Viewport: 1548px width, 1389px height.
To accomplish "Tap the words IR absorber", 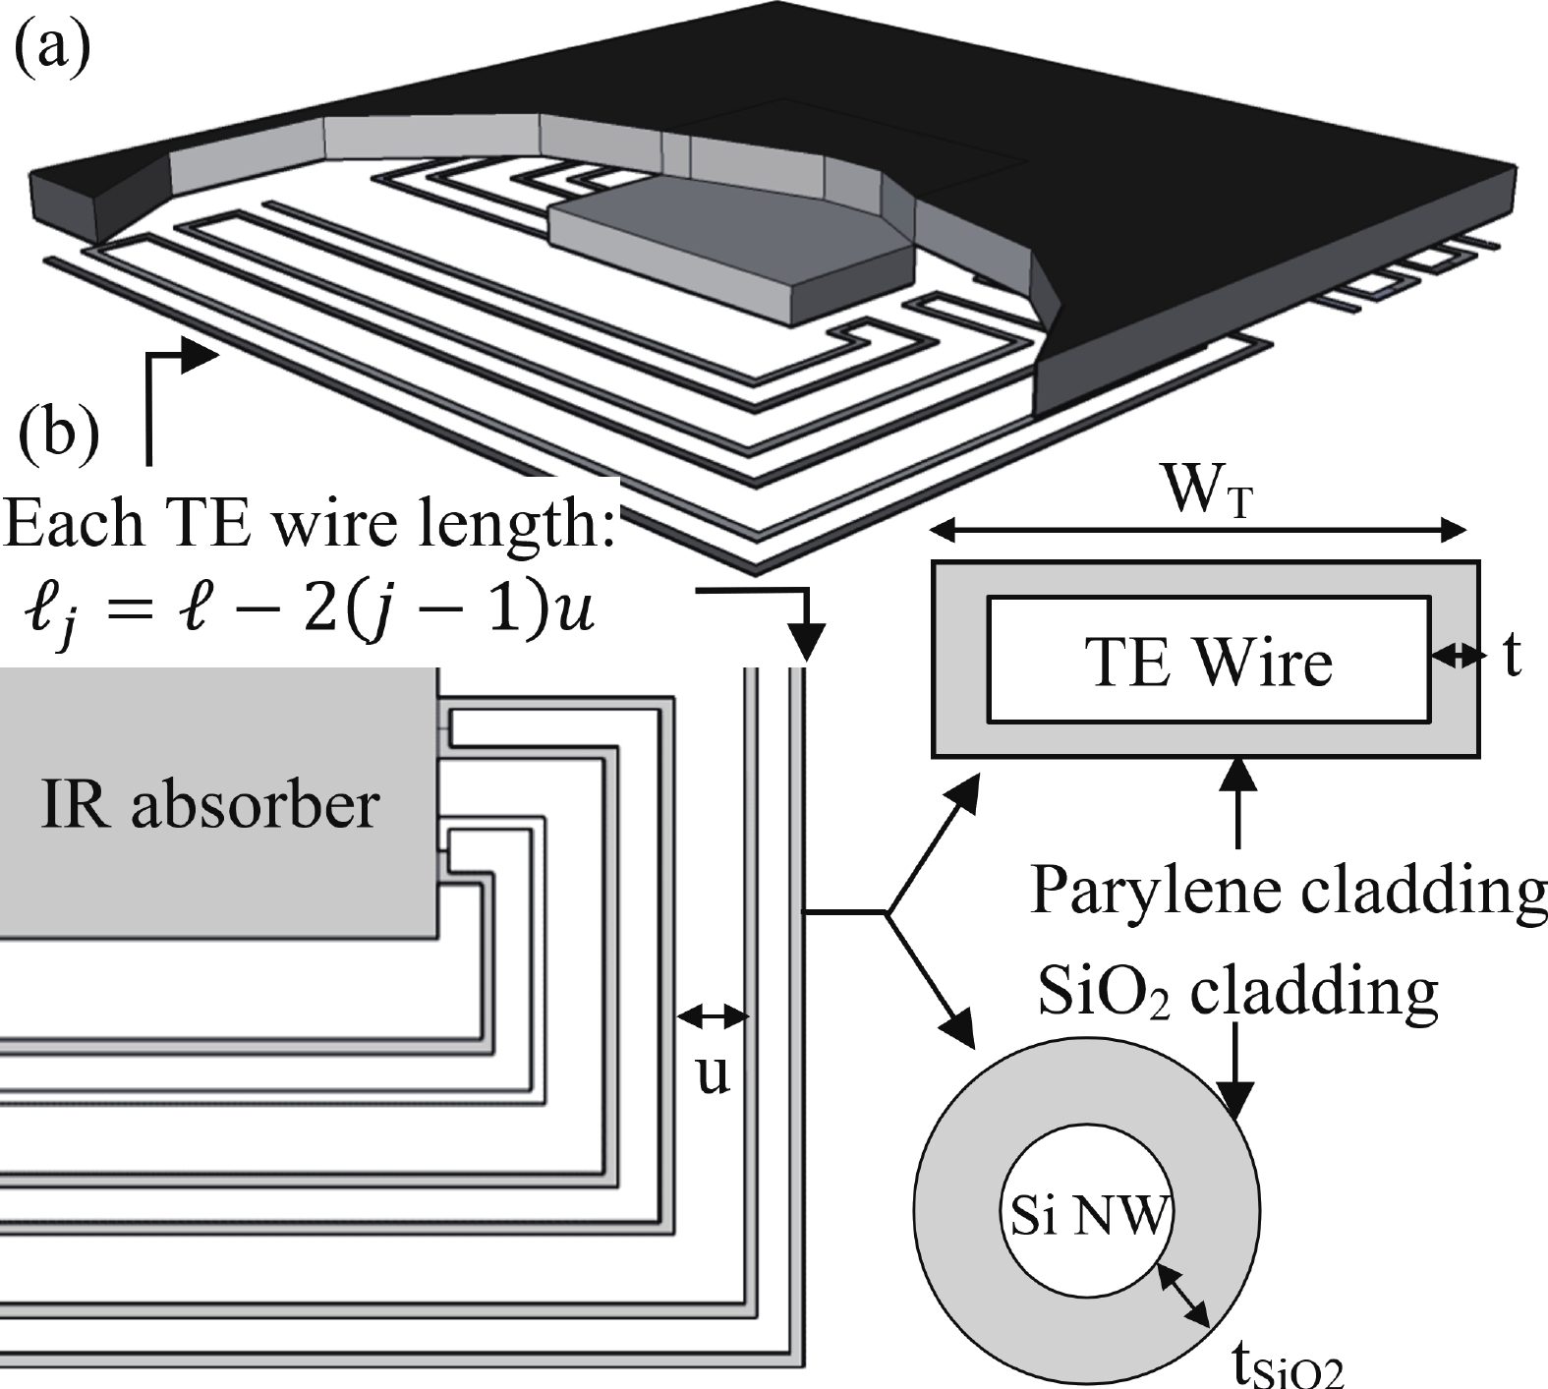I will tap(209, 806).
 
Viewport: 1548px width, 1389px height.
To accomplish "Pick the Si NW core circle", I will tap(1089, 1218).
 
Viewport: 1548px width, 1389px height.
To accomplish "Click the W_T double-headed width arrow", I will tap(1198, 532).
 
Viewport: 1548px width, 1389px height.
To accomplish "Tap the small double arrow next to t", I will tap(1456, 656).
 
